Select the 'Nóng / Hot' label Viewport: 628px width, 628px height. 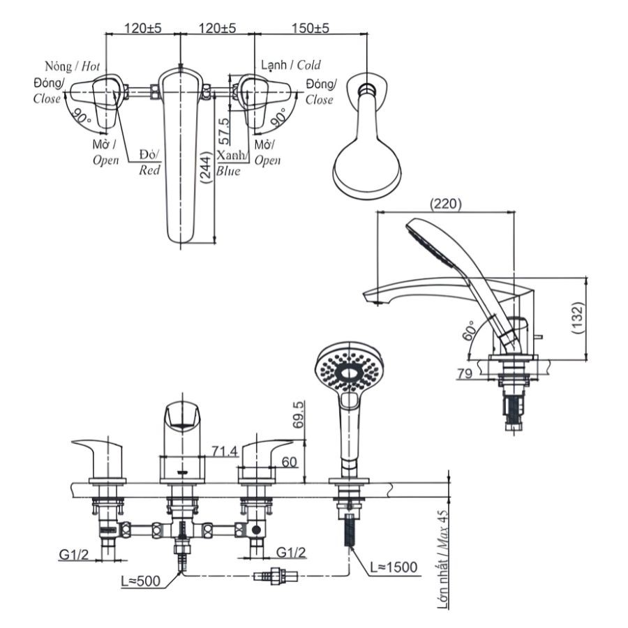tap(73, 66)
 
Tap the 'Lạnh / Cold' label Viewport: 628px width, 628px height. tap(291, 65)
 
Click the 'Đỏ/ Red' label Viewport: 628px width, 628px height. tap(149, 161)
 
